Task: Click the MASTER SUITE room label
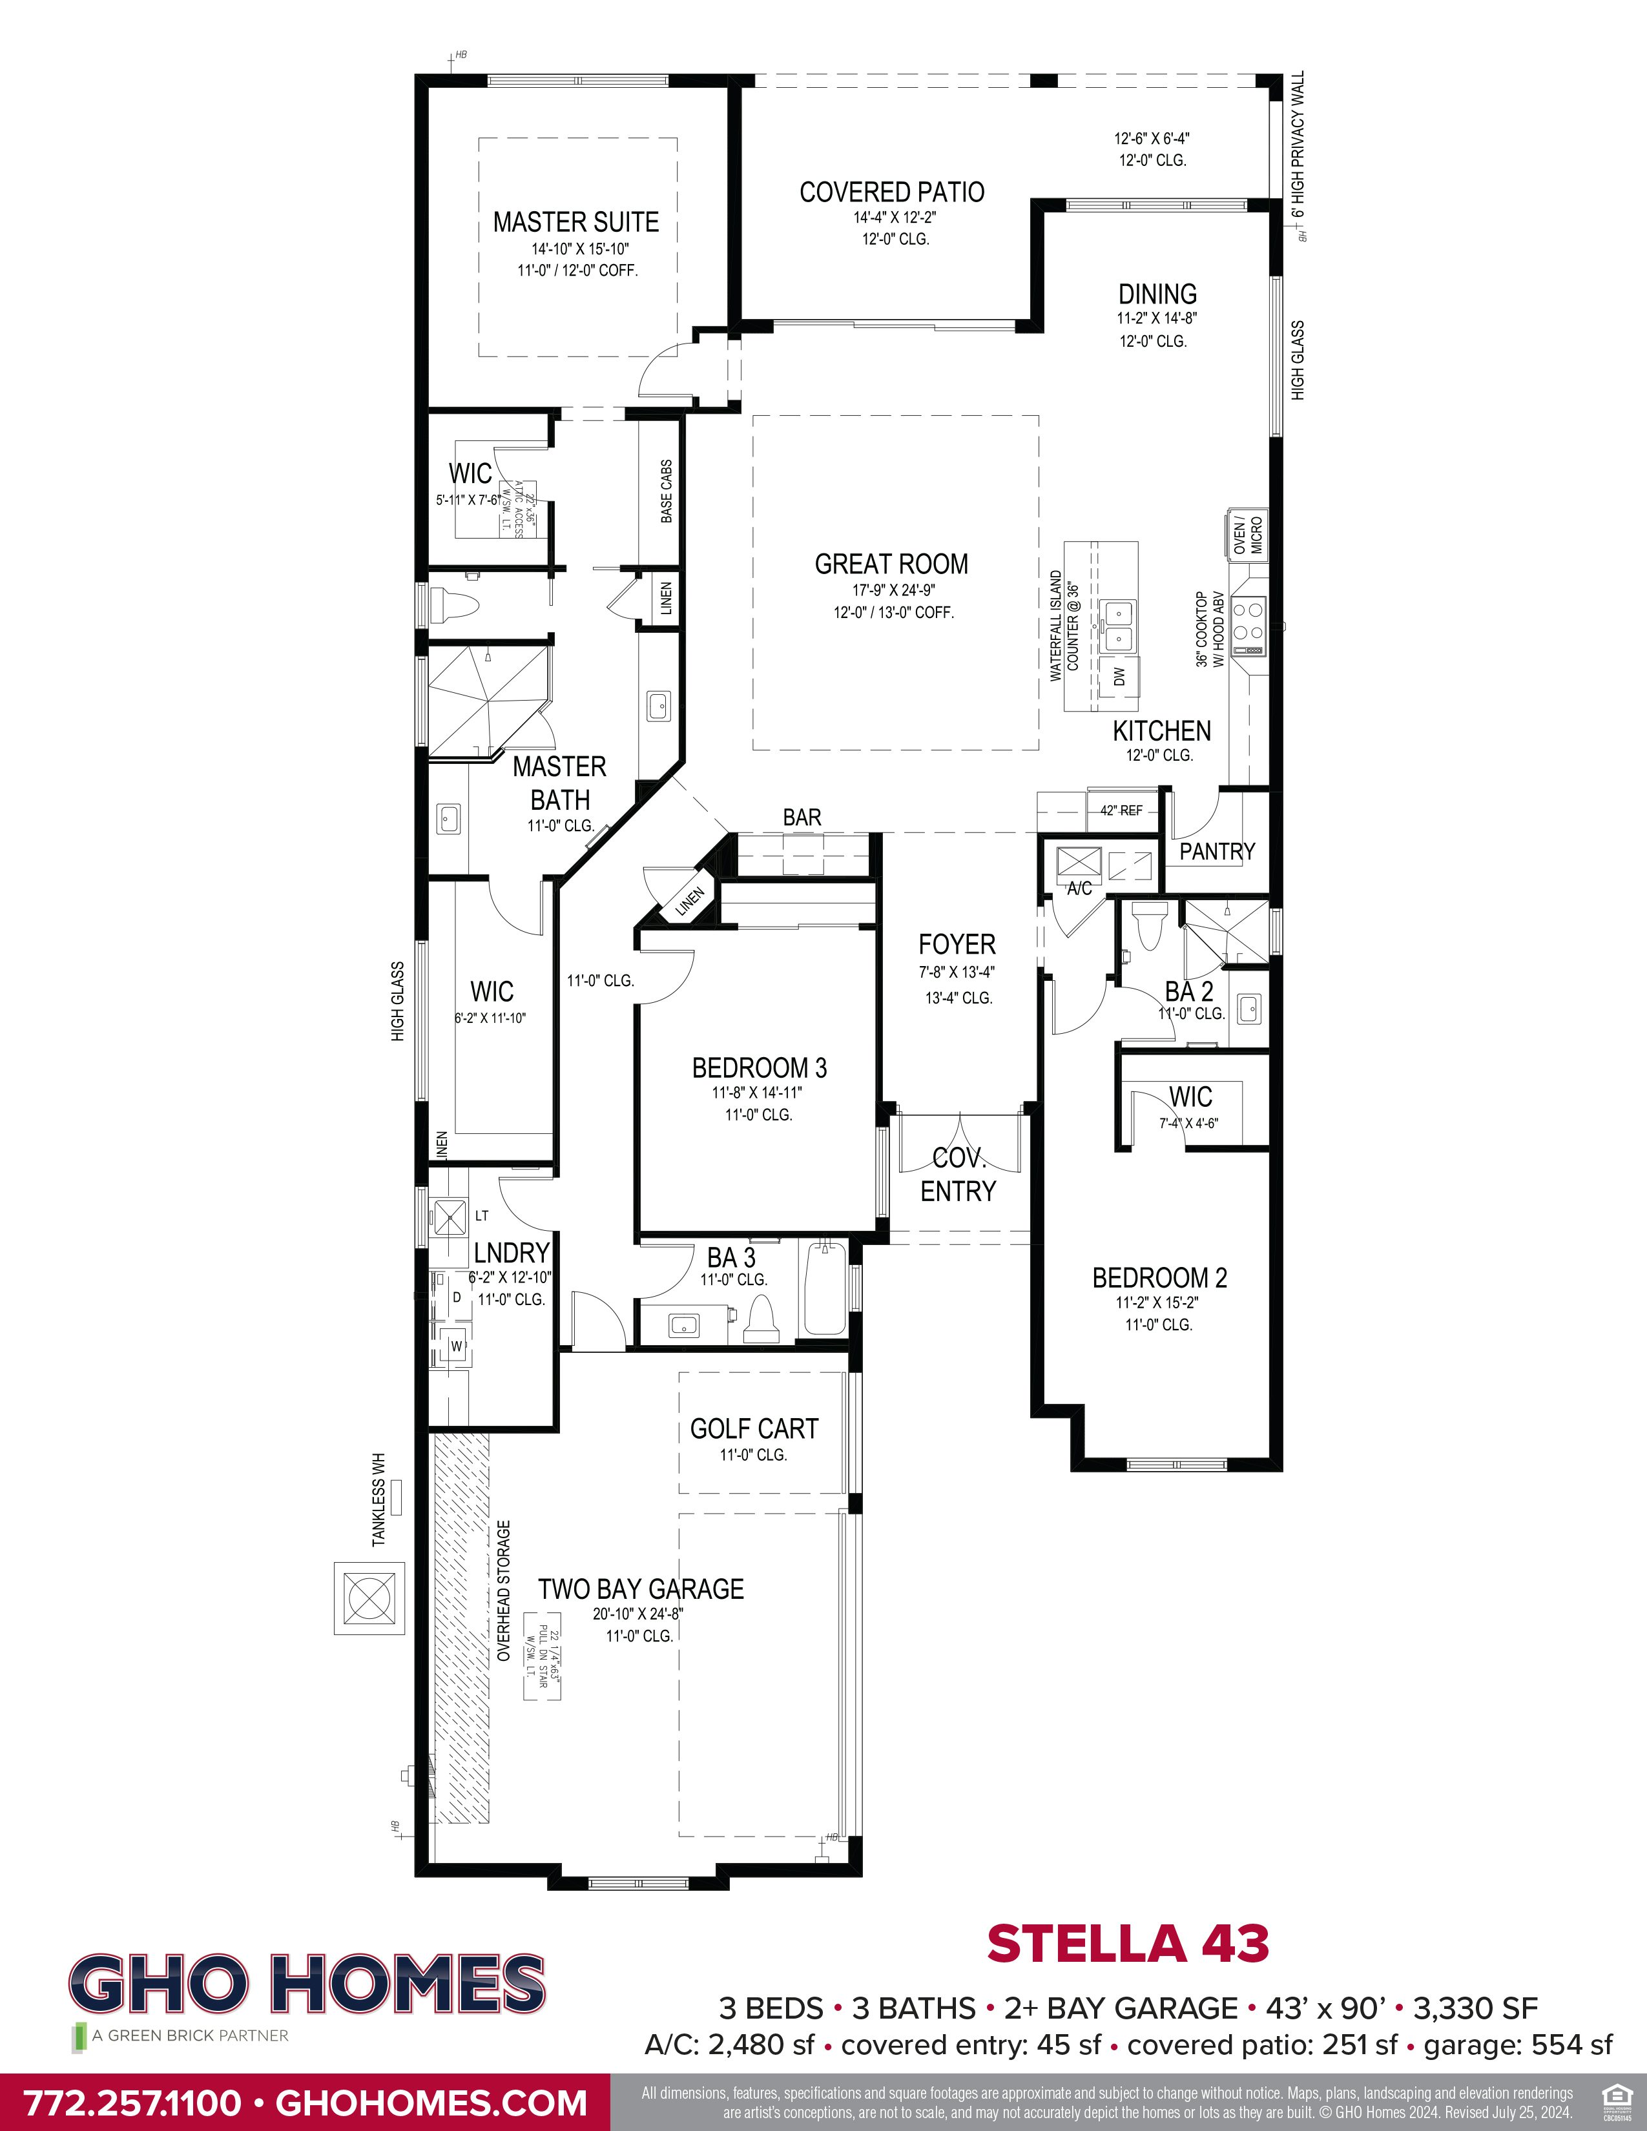click(575, 223)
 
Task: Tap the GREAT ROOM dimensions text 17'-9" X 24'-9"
click(894, 590)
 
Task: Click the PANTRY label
click(1217, 852)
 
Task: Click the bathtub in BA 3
click(825, 1288)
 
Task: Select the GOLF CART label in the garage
click(753, 1430)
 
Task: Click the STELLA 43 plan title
click(1127, 1944)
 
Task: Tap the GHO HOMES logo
click(306, 1986)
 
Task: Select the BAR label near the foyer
click(802, 818)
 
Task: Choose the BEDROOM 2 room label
click(1159, 1278)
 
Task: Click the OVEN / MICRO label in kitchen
click(1248, 535)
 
